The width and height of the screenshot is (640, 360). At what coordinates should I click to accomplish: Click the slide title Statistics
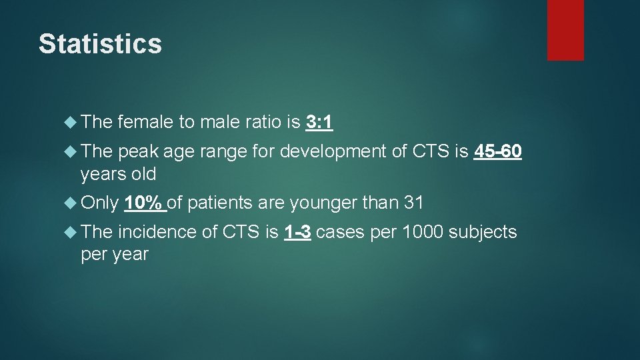click(x=100, y=44)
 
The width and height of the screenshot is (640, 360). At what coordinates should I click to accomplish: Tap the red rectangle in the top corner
click(x=565, y=30)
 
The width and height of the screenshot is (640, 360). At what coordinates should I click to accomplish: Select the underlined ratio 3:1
click(x=319, y=122)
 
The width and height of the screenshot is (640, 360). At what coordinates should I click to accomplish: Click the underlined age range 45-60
click(x=497, y=152)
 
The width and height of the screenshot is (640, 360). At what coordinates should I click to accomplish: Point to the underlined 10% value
click(x=145, y=202)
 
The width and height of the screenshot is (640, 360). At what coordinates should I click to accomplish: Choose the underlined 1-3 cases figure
click(x=297, y=232)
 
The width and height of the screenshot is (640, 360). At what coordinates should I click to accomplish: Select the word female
click(x=145, y=122)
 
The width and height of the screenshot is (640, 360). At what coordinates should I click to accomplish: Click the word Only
click(x=99, y=202)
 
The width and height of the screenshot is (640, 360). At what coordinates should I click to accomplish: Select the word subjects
click(x=482, y=232)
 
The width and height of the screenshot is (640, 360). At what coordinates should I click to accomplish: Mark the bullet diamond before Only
click(x=72, y=202)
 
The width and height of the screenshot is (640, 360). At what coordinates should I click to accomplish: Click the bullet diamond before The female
click(x=72, y=122)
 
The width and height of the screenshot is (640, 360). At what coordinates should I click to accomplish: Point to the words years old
click(x=118, y=175)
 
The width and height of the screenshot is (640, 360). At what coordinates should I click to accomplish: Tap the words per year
click(x=114, y=255)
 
